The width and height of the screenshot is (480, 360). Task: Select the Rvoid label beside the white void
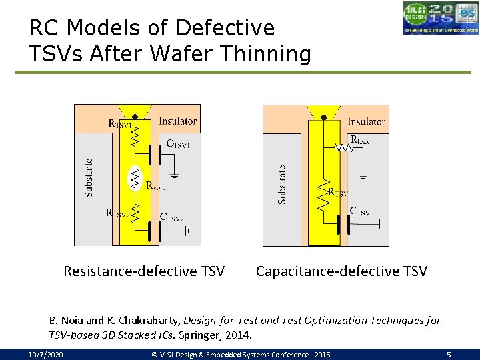[155, 187]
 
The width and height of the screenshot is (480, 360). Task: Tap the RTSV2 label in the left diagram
[118, 213]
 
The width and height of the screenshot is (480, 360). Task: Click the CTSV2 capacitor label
[172, 217]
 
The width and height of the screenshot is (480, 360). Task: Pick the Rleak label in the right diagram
[359, 140]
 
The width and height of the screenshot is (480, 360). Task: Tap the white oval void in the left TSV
[135, 177]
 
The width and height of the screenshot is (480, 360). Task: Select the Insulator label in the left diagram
[177, 121]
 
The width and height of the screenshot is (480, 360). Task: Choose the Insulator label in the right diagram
[366, 121]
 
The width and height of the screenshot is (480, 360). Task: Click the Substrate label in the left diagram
[89, 177]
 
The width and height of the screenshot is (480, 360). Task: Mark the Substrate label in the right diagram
[282, 185]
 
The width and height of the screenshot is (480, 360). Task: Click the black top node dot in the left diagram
[135, 117]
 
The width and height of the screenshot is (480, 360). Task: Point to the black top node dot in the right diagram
[324, 117]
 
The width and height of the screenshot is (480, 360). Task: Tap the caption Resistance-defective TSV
[144, 271]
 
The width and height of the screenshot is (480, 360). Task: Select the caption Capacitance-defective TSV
[341, 271]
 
